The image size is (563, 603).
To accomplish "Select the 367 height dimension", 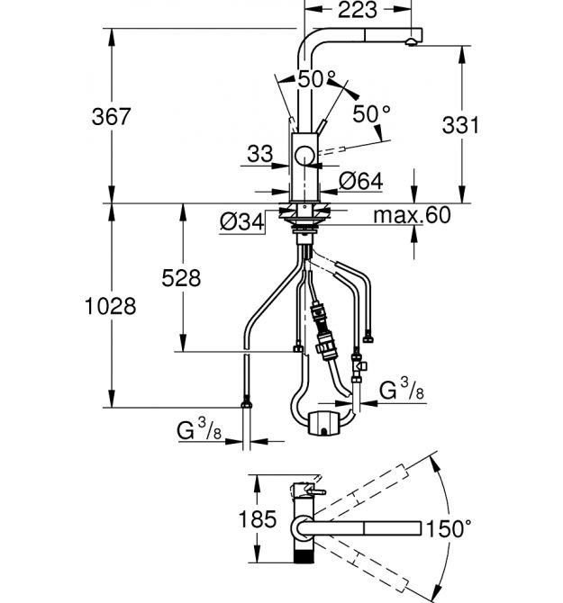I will click(x=113, y=117).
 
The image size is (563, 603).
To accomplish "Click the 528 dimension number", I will click(x=182, y=278).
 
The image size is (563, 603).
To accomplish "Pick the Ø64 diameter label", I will click(x=360, y=182).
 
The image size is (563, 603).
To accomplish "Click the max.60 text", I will click(x=413, y=216).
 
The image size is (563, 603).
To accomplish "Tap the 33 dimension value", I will click(x=259, y=154).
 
